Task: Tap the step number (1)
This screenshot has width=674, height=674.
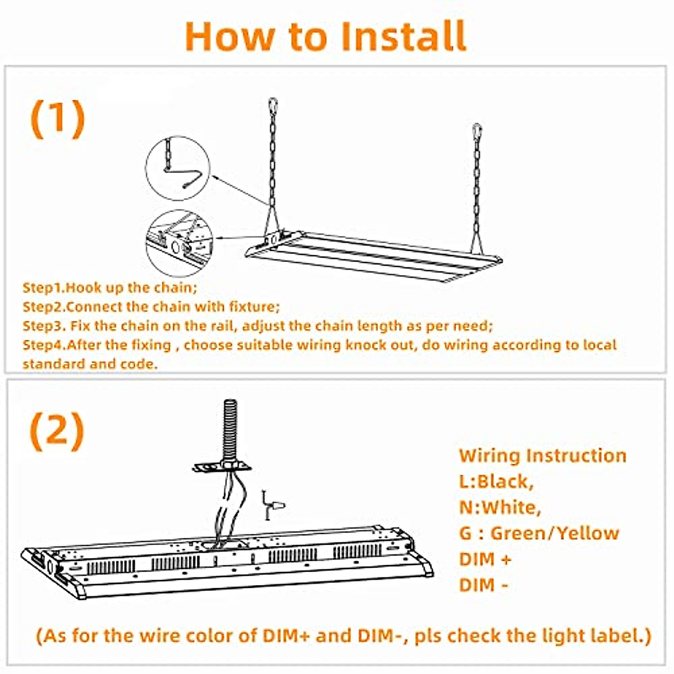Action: point(57,119)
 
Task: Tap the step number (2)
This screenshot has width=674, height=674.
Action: point(57,431)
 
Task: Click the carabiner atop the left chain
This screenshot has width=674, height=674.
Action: point(272,106)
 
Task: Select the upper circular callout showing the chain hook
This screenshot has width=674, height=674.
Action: point(177,168)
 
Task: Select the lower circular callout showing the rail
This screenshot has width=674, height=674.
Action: point(179,243)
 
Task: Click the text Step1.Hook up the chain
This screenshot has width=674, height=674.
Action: point(110,288)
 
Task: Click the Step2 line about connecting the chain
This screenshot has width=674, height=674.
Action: point(151,307)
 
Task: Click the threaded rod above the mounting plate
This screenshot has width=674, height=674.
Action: point(230,430)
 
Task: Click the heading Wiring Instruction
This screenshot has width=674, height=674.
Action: point(542,455)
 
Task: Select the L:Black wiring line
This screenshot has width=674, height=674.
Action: point(496,481)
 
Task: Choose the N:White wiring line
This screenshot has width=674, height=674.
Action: point(500,507)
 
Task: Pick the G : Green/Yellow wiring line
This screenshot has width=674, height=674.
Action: point(539,533)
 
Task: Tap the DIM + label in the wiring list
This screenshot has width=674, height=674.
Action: point(485,559)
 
